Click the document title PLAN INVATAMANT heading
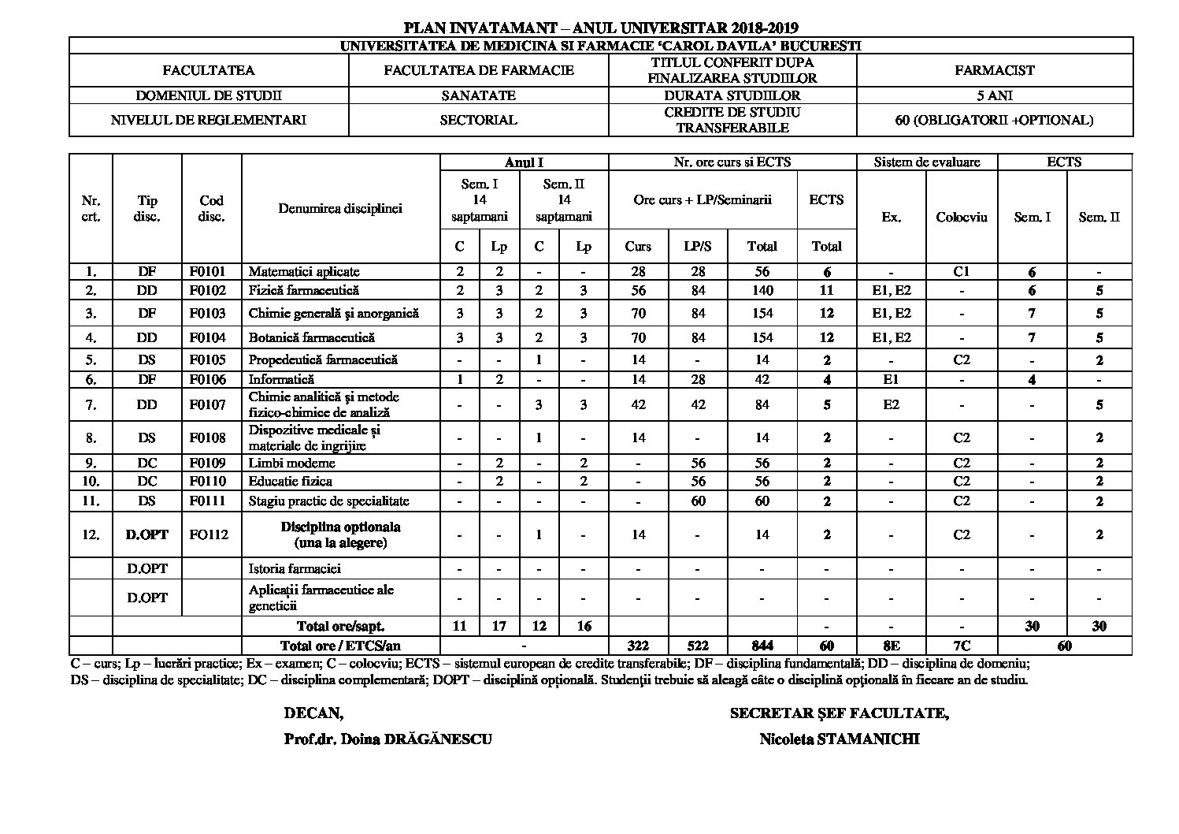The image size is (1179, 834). [601, 28]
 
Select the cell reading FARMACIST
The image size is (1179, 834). [994, 70]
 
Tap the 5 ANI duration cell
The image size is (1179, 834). [994, 95]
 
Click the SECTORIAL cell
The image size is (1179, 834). [478, 121]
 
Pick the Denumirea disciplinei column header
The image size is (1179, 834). [340, 209]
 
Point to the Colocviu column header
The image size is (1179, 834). [961, 218]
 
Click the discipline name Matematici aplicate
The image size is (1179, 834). [304, 272]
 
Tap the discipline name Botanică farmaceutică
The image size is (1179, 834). [311, 337]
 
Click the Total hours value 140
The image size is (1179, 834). [762, 290]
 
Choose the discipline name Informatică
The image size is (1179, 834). [281, 380]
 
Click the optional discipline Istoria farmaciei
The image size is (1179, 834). [295, 568]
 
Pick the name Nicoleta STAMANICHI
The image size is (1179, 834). [840, 739]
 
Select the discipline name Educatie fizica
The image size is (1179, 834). [290, 482]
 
